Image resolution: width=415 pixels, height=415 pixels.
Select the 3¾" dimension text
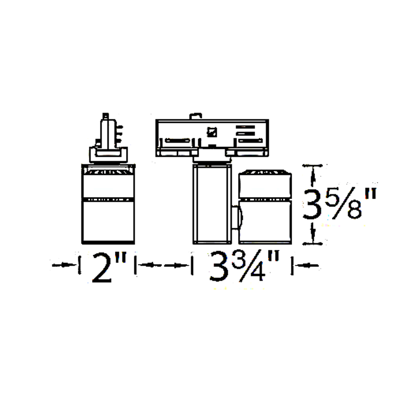244,266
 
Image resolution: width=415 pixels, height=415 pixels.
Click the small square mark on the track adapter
212,132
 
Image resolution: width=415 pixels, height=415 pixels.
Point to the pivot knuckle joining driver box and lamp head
237,217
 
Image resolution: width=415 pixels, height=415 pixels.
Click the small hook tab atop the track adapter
196,116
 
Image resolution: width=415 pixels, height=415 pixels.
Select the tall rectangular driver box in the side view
212,204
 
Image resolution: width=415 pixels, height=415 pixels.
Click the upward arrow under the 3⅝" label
313,233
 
